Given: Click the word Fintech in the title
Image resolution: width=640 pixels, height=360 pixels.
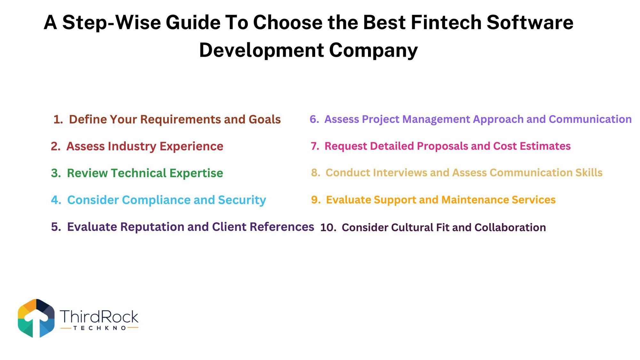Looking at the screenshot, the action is pos(446,22).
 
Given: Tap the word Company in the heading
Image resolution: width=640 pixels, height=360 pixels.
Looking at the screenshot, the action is pos(373,51).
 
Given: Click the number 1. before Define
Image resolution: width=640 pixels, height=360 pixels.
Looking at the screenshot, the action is pos(58,119).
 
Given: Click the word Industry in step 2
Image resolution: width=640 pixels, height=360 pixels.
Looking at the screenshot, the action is pos(132,147).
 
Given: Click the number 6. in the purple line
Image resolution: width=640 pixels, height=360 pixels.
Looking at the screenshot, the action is pos(314,119).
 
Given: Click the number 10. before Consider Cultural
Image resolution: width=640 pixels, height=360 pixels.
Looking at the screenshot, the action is pos(328,228).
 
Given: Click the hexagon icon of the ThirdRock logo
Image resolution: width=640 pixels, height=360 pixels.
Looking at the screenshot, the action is pos(36,318).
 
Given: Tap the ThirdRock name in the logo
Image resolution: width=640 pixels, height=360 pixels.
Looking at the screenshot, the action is pos(99,316).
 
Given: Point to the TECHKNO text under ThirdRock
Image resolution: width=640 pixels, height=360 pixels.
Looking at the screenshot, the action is pos(100,328).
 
